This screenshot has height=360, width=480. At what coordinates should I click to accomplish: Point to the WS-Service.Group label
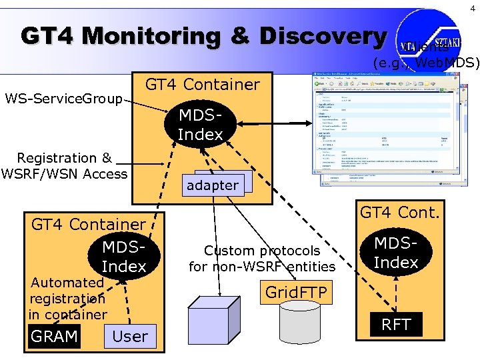(63, 99)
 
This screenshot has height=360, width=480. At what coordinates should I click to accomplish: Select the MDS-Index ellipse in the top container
(200, 125)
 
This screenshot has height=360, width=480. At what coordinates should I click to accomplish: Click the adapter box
(213, 185)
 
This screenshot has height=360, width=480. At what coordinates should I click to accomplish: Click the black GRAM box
(54, 336)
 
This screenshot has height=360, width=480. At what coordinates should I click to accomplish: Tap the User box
(130, 336)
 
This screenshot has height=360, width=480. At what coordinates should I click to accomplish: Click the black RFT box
(395, 325)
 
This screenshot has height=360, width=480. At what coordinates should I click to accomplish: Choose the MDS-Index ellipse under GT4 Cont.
(395, 253)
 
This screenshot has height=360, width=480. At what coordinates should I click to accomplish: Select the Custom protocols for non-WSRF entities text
(262, 259)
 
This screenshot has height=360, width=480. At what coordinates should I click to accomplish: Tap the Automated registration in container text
(67, 298)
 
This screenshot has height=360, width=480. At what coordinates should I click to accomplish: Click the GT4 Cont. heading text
(400, 213)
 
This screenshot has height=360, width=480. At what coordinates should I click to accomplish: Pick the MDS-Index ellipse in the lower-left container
(124, 257)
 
